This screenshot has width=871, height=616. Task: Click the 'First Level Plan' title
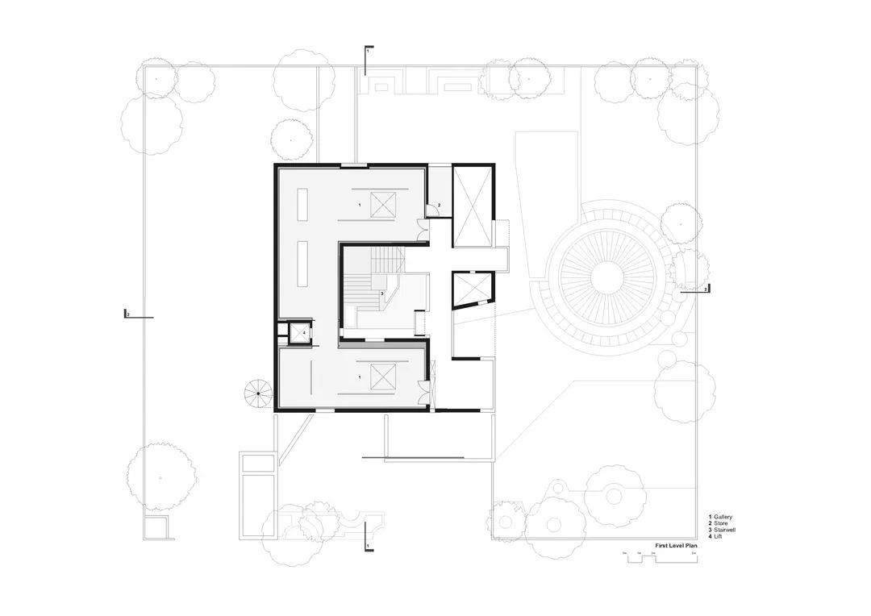pos(675,546)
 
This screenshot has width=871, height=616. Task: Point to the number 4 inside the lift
pos(304,331)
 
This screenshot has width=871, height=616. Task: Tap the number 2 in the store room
pos(438,206)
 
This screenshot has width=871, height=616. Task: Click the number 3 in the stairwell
pos(381,293)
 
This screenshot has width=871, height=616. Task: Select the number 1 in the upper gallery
pos(360,206)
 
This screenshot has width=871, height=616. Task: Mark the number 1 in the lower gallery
pos(360,377)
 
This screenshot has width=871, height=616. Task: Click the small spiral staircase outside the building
pos(259,394)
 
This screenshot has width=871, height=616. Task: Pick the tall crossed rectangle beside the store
pos(471,206)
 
